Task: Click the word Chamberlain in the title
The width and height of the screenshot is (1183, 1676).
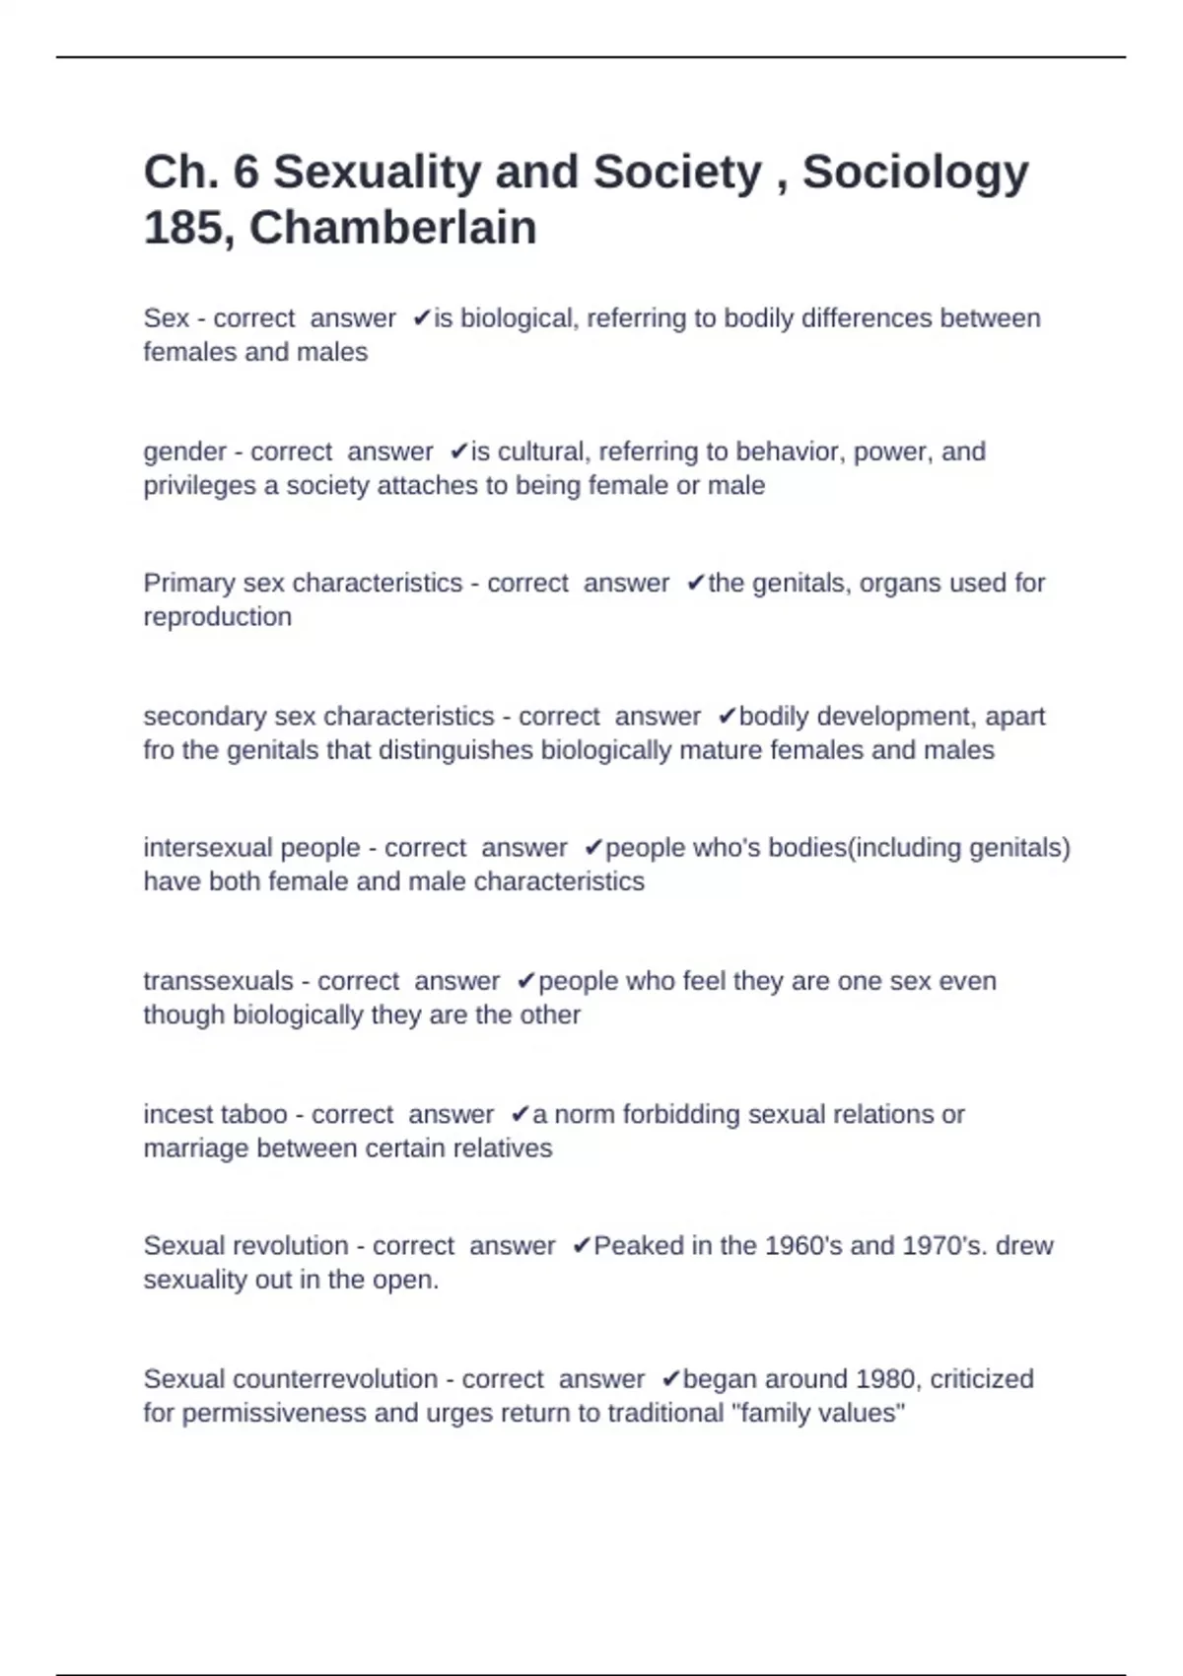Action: click(x=392, y=229)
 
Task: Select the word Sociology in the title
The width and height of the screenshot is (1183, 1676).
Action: click(x=915, y=173)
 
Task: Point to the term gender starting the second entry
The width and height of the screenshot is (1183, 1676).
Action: click(x=184, y=453)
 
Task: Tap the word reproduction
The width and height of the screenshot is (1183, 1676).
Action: click(x=217, y=617)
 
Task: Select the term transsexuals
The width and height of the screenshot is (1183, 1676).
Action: click(x=218, y=982)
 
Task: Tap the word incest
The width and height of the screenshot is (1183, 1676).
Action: click(x=175, y=1115)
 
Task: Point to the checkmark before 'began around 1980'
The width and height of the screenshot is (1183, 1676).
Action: click(x=670, y=1379)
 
